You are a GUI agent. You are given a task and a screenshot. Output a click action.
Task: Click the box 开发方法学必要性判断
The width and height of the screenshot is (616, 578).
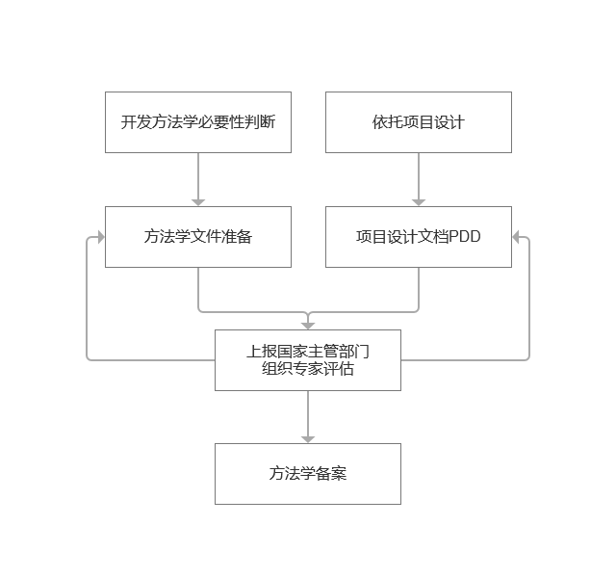[x=197, y=122]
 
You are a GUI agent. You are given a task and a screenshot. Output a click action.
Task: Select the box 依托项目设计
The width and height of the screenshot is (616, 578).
[x=418, y=122]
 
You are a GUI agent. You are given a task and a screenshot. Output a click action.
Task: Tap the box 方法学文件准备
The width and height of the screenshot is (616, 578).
[x=197, y=237]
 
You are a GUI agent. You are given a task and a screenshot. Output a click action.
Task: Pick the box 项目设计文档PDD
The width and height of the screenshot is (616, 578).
[x=418, y=237]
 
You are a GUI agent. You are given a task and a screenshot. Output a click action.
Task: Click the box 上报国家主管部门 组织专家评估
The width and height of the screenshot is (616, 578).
[x=307, y=360]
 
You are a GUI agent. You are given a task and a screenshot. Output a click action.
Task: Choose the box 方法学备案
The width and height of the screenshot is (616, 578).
[x=307, y=474]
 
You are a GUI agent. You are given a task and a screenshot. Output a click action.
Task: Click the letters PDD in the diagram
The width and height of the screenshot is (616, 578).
[x=465, y=237]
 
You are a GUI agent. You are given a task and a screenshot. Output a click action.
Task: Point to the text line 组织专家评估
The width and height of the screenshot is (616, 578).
[x=307, y=369]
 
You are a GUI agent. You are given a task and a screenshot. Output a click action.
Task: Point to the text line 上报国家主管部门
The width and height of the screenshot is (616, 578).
[x=307, y=352]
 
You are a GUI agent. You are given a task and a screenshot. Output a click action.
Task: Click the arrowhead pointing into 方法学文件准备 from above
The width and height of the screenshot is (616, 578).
[x=198, y=201]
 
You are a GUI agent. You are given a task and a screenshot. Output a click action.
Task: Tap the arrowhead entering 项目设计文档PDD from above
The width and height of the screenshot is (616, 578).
[x=419, y=201]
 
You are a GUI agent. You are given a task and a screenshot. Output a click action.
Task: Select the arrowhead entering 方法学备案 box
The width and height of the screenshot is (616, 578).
[x=308, y=438]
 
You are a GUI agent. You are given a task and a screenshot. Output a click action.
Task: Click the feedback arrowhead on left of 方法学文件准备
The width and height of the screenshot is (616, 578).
[x=100, y=237]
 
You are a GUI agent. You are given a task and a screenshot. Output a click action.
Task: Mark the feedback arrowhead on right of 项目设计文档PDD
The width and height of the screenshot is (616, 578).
[x=517, y=237]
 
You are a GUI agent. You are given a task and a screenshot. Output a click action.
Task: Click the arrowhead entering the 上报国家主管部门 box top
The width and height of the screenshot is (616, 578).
[x=308, y=325]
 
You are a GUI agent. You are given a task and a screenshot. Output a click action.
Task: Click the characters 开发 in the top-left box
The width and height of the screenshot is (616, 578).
[x=136, y=122]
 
